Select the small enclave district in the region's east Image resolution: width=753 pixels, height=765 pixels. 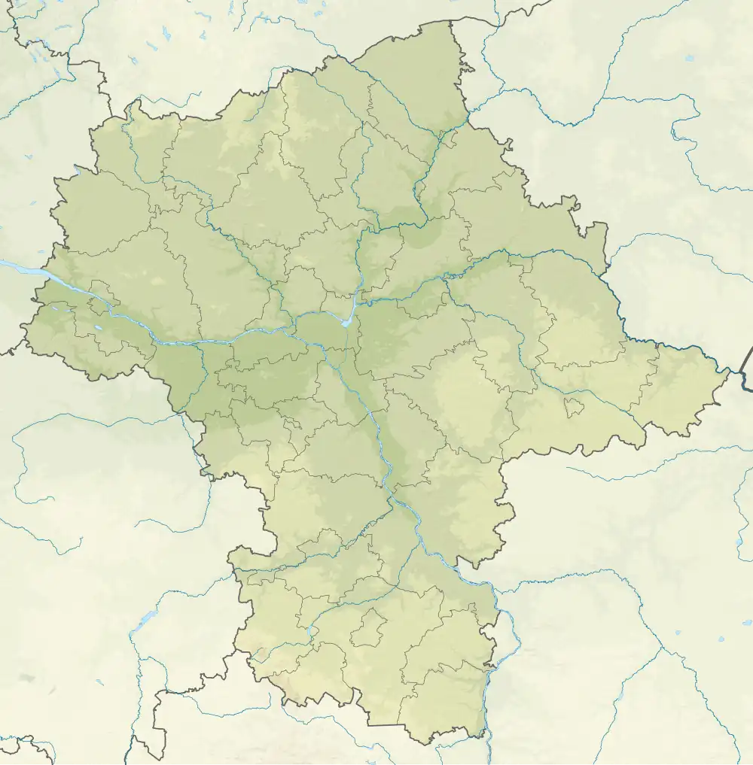point(574,407)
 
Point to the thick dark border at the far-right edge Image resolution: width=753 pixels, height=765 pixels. point(747,369)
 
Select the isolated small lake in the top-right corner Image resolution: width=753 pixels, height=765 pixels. point(691,58)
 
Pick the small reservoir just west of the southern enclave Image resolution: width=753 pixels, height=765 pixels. point(309,630)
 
